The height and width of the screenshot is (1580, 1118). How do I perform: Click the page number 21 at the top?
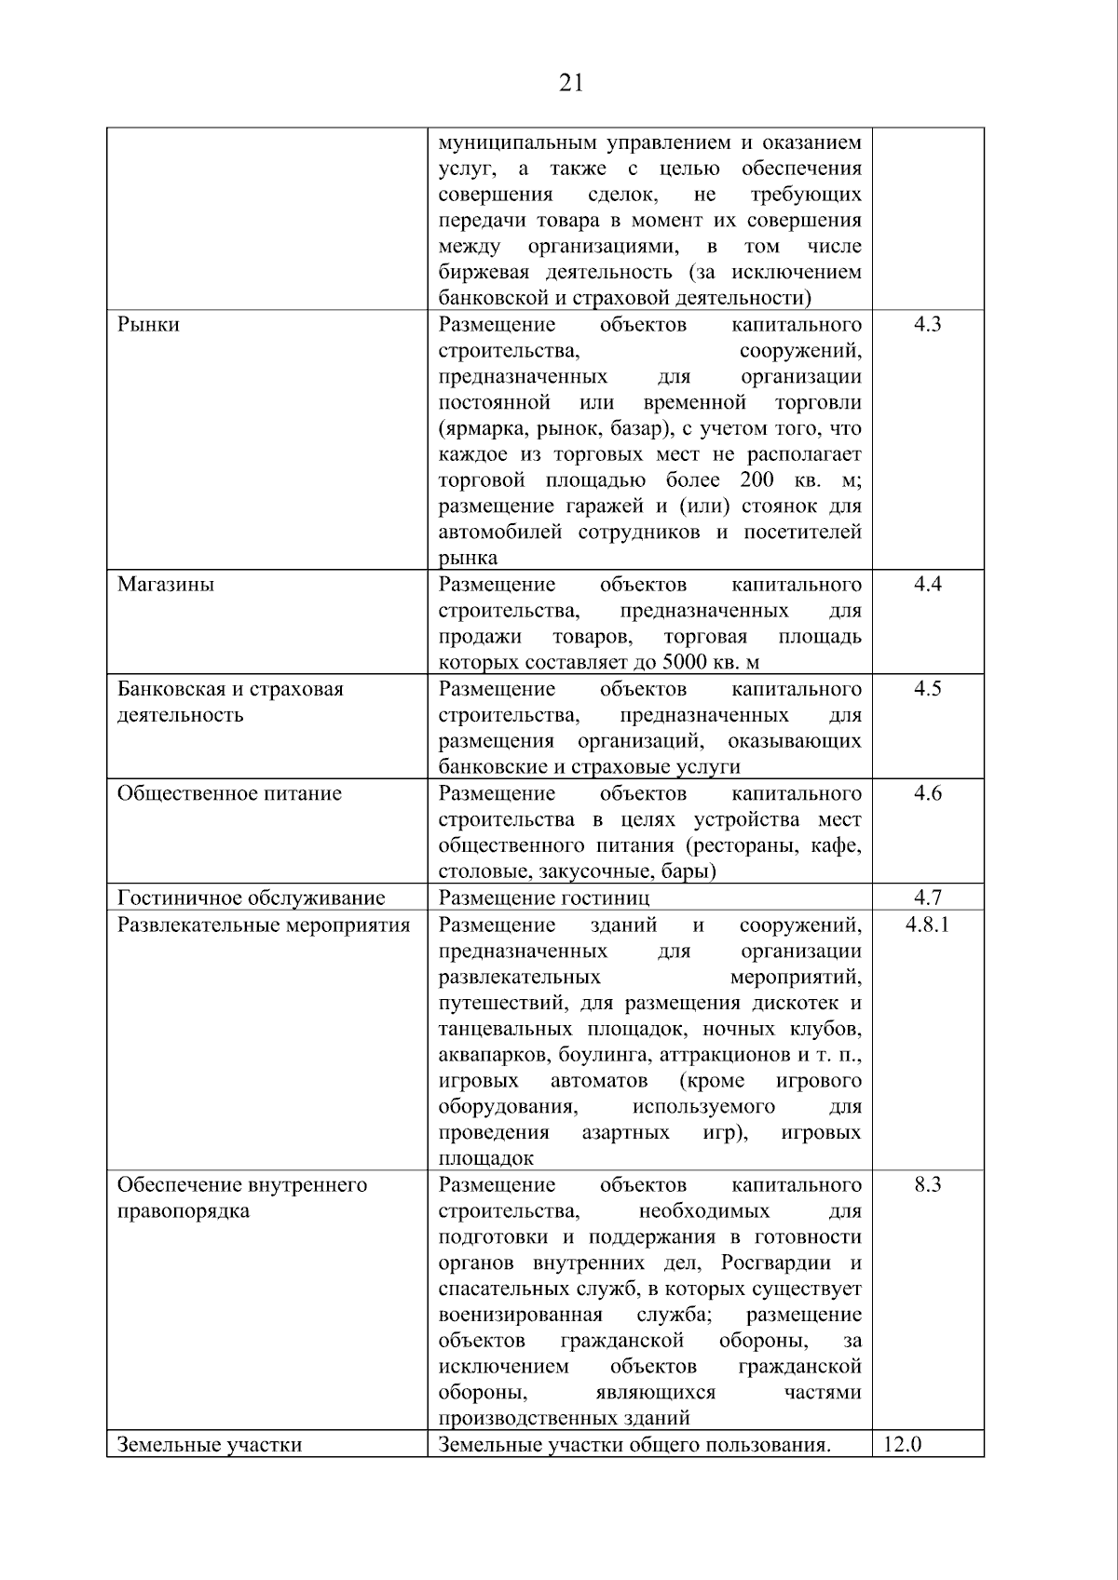point(571,84)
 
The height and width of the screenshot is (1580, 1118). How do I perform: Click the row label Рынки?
point(148,325)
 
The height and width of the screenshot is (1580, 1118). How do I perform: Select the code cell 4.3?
point(927,325)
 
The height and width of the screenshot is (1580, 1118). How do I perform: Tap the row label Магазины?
point(166,585)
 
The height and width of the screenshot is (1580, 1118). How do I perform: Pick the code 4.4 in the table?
point(927,585)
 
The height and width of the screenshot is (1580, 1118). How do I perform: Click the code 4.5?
point(927,689)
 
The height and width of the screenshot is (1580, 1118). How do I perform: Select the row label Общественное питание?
point(229,793)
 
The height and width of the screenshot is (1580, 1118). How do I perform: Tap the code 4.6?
point(927,793)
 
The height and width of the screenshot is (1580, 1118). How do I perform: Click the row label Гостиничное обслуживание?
point(251,898)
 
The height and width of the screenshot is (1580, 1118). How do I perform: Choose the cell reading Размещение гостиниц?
point(544,898)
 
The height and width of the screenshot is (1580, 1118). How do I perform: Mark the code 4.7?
point(927,898)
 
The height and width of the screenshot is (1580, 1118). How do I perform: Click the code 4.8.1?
point(927,925)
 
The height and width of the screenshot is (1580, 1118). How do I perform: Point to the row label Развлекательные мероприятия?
point(264,925)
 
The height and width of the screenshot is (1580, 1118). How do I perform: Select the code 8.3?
point(927,1185)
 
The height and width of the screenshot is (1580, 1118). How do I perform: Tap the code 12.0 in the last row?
point(902,1445)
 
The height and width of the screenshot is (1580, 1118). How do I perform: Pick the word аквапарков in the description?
point(495,1056)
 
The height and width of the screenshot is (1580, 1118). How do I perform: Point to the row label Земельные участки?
point(210,1445)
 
